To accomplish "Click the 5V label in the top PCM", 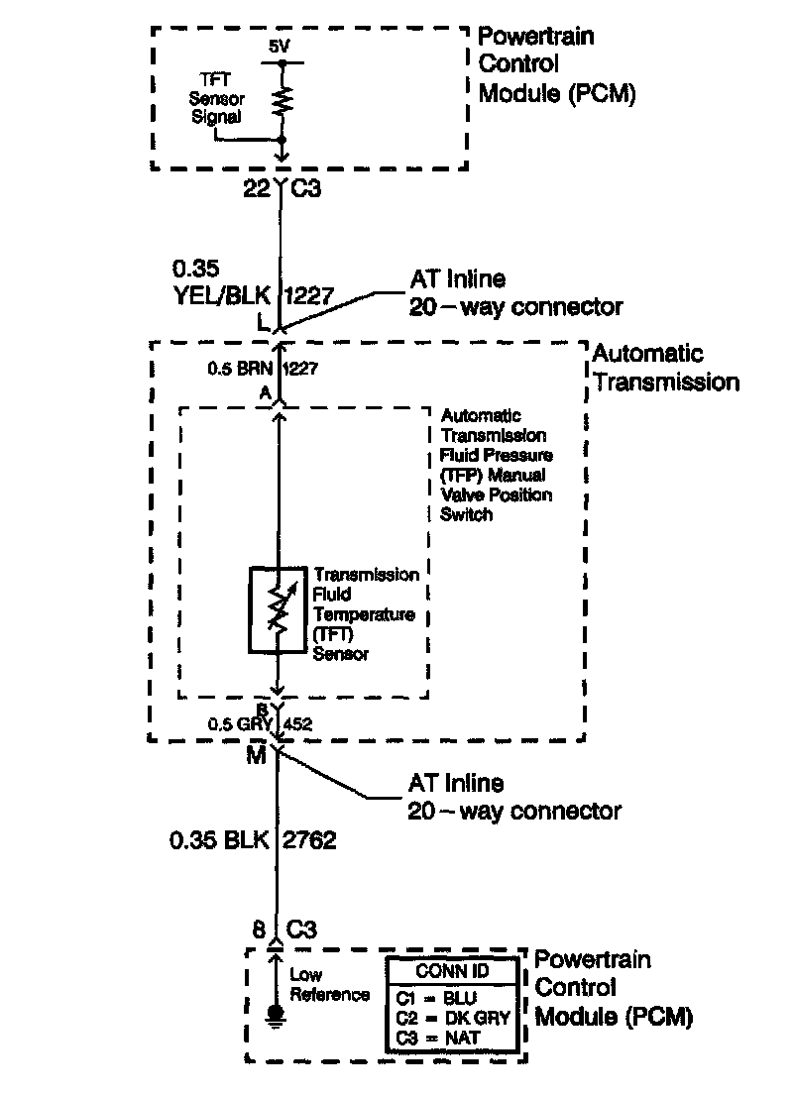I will (281, 47).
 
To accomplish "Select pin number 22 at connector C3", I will (257, 188).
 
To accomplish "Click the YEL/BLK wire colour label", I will (223, 294).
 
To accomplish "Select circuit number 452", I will (297, 724).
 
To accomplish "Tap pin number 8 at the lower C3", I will (259, 929).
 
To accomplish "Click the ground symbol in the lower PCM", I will (276, 1014).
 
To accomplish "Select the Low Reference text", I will (329, 985).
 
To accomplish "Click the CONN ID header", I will (452, 970).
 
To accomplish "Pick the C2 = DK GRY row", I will (452, 1018).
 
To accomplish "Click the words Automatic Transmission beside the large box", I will (665, 368).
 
